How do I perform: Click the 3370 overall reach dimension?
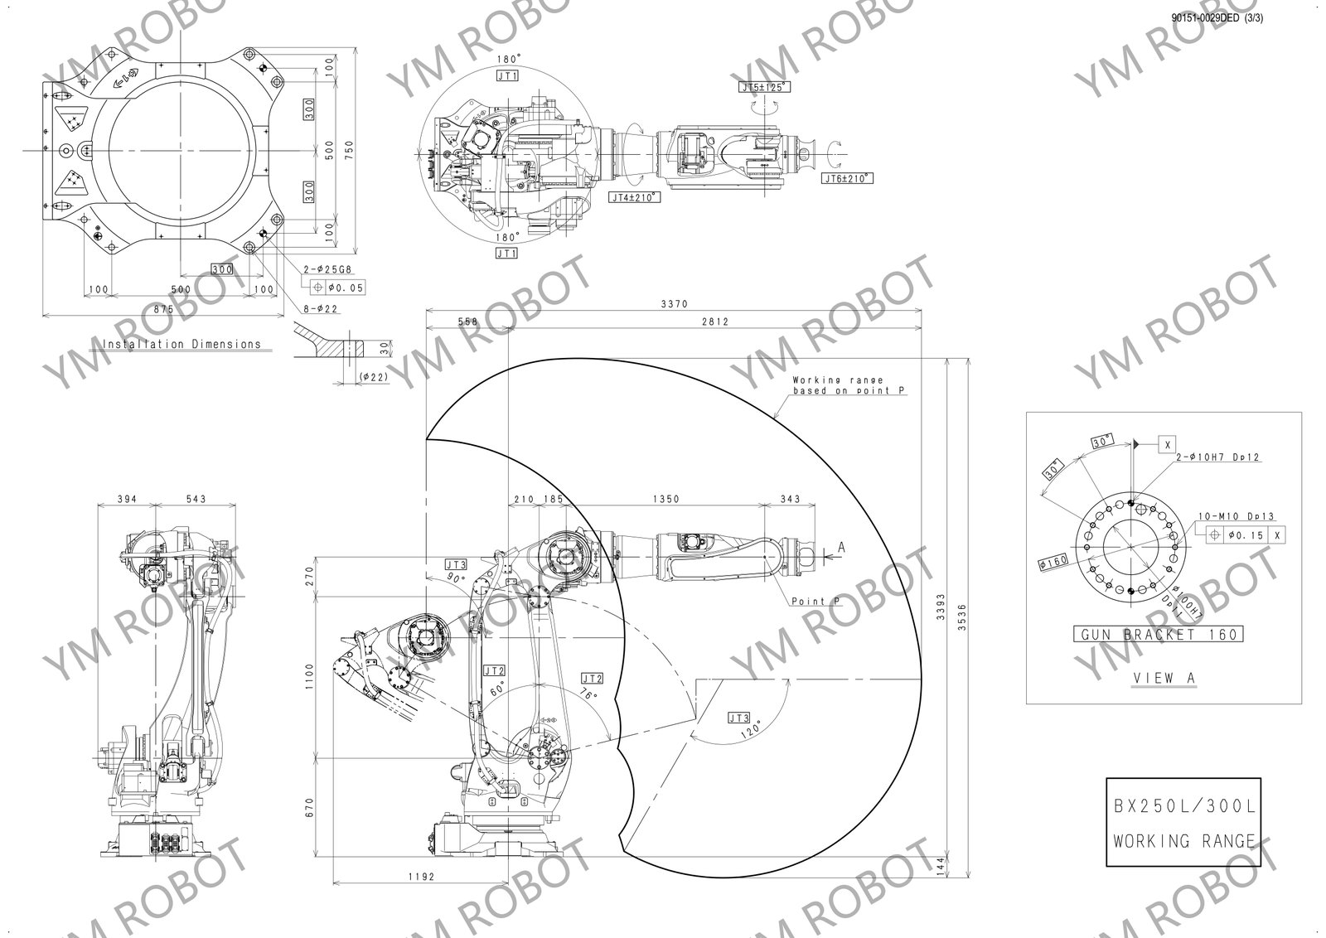(x=674, y=304)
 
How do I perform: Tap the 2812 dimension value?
(x=714, y=322)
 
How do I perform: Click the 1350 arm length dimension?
(x=665, y=499)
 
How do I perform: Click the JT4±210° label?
(x=634, y=197)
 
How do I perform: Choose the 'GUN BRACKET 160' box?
(x=1158, y=635)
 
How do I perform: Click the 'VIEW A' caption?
(x=1164, y=678)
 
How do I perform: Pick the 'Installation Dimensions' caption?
(x=181, y=344)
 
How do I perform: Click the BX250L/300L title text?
(x=1183, y=806)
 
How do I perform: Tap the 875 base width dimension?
(x=162, y=308)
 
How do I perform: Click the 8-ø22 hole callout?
(x=322, y=308)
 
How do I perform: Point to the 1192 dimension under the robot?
(x=422, y=875)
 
